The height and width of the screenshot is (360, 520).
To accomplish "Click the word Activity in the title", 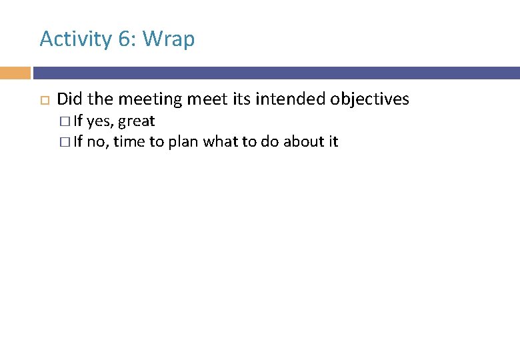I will (x=76, y=39).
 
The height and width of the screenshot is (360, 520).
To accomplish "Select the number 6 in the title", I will (x=124, y=39).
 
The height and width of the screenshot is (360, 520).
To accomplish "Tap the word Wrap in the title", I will (x=169, y=39).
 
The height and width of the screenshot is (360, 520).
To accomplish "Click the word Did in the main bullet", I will (x=70, y=99).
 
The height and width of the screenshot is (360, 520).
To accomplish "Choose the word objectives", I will (x=370, y=100).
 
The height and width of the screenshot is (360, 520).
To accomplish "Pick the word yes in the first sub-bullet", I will (x=99, y=122).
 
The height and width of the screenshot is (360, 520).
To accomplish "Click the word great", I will (x=137, y=122).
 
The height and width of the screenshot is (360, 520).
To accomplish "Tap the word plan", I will (x=183, y=142).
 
